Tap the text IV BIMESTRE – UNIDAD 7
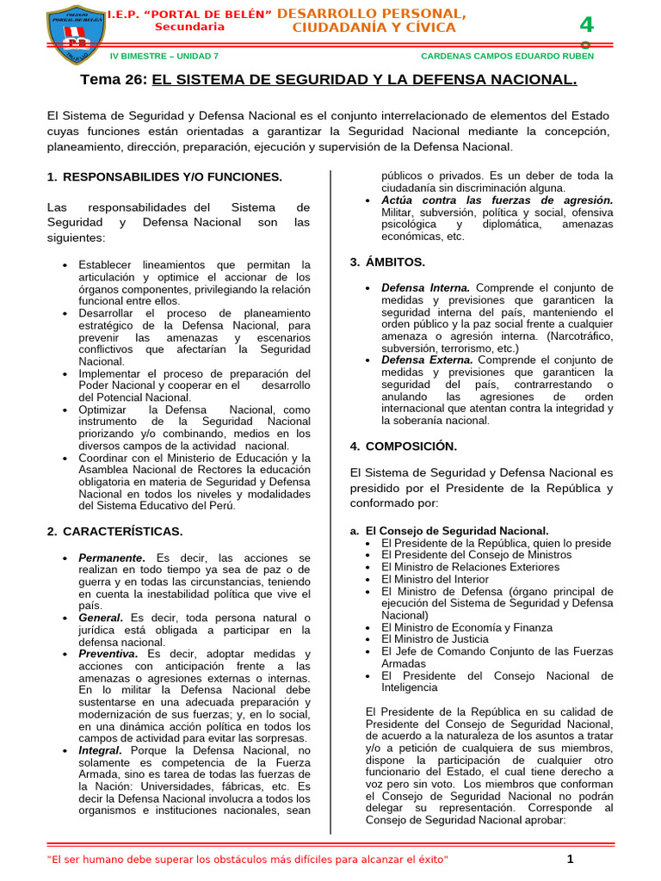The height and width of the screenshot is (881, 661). coord(164,56)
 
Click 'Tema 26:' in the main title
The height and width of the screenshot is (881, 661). coord(114,80)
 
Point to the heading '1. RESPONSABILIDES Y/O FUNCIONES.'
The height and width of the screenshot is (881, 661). coord(164,176)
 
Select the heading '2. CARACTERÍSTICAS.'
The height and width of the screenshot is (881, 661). coord(114,531)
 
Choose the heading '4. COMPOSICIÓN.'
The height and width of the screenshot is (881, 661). coord(403,446)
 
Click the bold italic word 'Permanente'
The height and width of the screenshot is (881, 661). coord(111,558)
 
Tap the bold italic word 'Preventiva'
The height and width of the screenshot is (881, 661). coord(108,654)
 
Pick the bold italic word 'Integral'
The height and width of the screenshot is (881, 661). coord(101,750)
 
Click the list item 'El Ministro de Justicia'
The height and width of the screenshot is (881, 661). coord(435,639)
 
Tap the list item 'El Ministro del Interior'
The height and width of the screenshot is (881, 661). coord(435,579)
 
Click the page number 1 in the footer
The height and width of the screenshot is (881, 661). coord(570,859)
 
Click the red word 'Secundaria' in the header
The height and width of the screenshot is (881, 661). coord(189,27)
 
